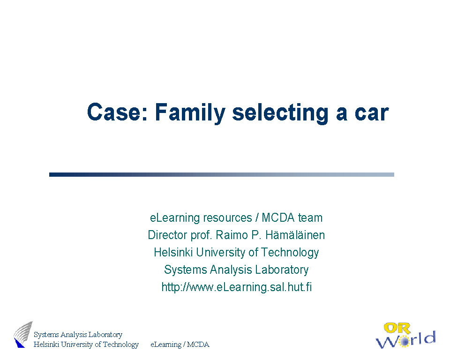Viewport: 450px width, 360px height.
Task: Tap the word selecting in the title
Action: pos(280,113)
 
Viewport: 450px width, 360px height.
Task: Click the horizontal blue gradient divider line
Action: pos(222,174)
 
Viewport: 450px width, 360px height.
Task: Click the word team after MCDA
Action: pos(310,217)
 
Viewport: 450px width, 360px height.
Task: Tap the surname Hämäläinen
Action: pos(295,235)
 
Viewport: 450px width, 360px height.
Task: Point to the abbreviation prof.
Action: pos(202,235)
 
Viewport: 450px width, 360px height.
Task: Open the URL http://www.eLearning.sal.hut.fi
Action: pos(236,287)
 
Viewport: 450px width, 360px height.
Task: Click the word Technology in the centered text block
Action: pos(290,253)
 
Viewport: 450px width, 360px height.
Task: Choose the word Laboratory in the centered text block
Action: pos(282,270)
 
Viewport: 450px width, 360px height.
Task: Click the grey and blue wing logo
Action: pos(23,334)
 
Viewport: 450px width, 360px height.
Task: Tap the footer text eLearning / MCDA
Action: pos(180,344)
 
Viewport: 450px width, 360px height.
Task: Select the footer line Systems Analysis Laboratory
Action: pos(78,335)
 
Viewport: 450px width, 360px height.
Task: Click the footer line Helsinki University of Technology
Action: pos(86,344)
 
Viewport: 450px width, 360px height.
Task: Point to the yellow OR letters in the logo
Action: pos(397,329)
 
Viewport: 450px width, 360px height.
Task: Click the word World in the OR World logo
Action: pos(406,340)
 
